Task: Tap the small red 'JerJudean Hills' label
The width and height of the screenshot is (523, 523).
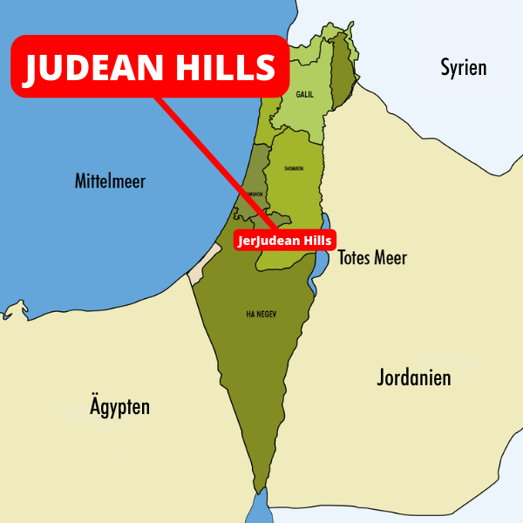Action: pos(284,240)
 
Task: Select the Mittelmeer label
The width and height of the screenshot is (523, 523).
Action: pos(110,181)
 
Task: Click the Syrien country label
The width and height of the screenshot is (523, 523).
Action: pos(463,67)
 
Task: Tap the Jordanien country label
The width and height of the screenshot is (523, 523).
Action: pos(413,377)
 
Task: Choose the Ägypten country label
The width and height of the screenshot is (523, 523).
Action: pos(119,406)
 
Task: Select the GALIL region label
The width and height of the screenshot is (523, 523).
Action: pos(305,94)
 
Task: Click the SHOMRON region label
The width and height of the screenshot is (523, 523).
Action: pos(294,168)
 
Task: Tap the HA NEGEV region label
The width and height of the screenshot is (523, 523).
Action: pos(261,314)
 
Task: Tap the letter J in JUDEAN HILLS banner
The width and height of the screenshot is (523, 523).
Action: pos(32,68)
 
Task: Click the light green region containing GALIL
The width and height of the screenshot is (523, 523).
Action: pos(301,109)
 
